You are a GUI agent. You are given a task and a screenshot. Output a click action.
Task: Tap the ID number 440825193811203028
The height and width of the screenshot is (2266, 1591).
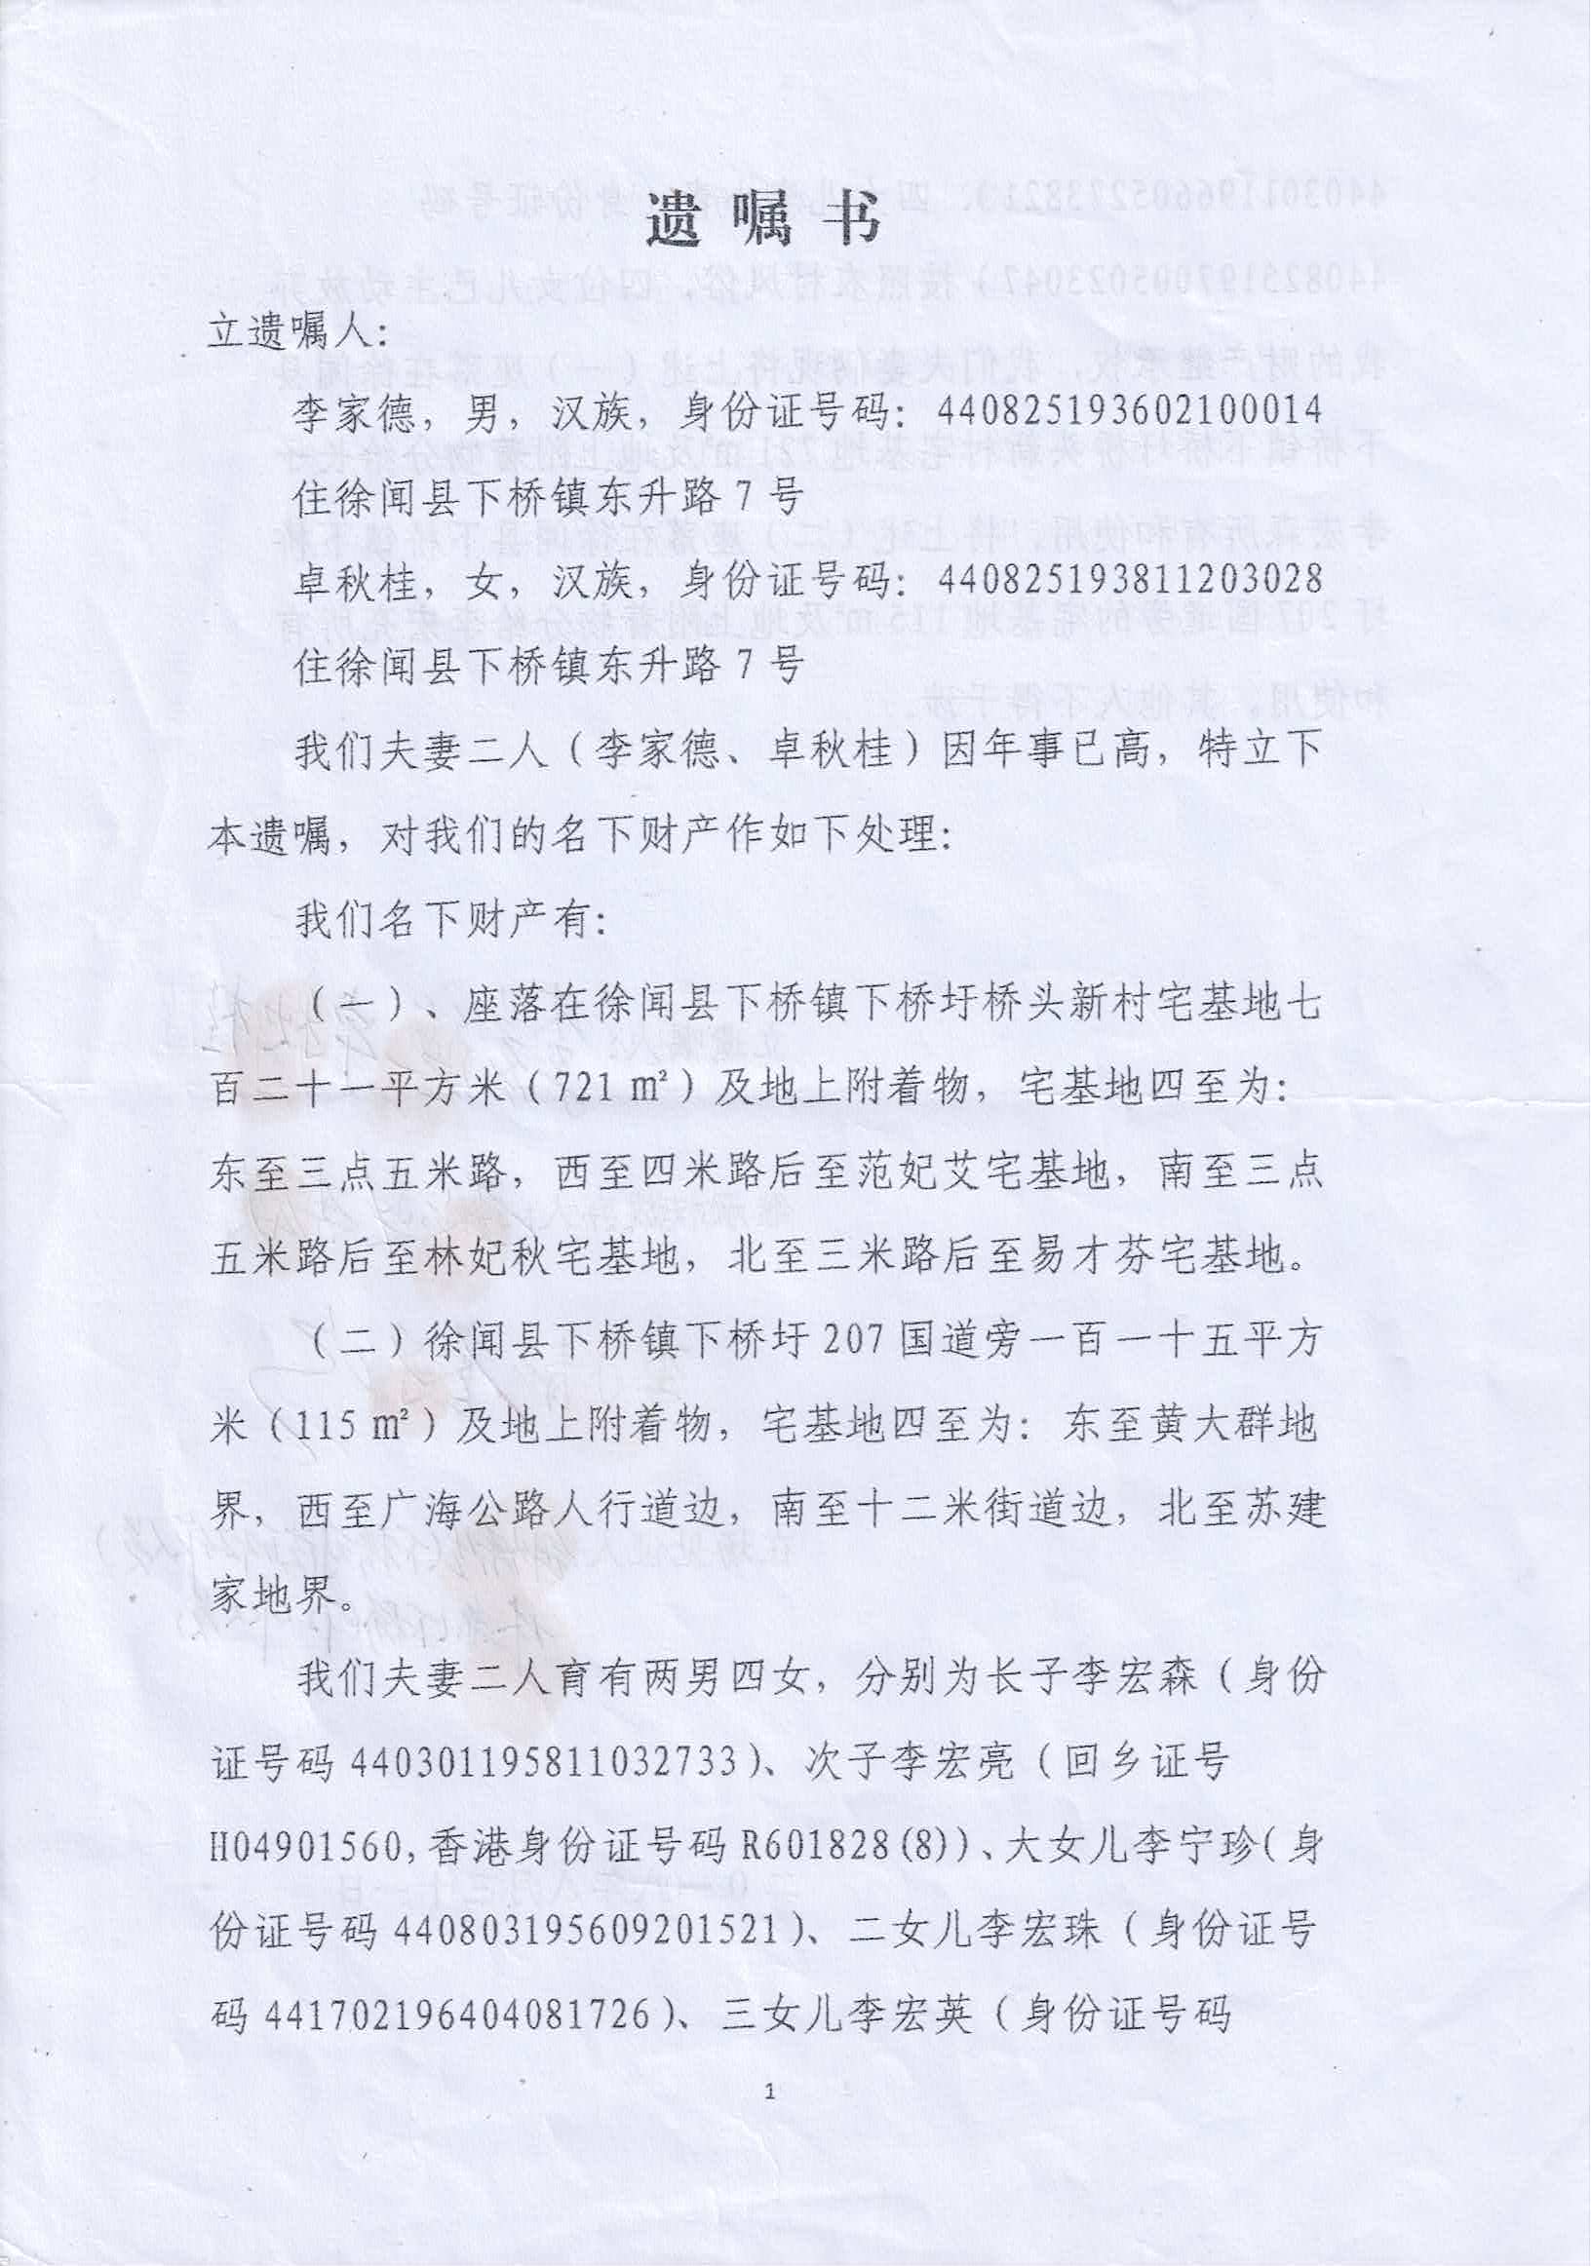coord(1130,576)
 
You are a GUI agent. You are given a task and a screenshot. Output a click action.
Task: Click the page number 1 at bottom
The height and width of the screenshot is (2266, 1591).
coord(771,2118)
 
